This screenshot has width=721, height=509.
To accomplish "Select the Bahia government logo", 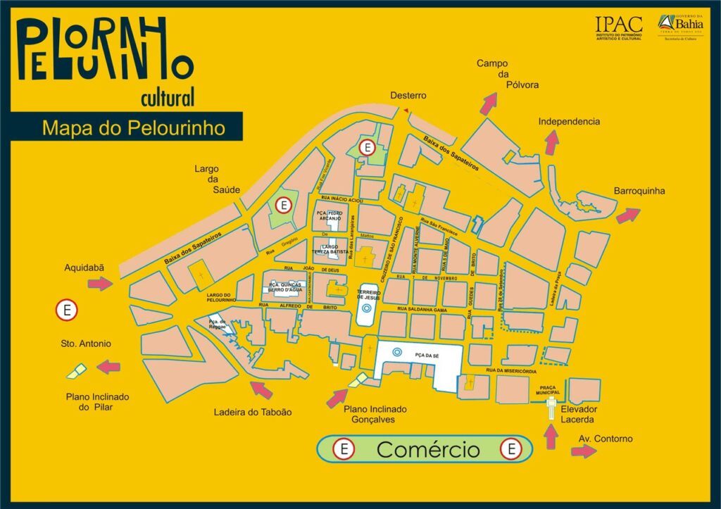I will click(x=680, y=26).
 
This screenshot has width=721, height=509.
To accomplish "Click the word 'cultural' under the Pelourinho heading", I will click(x=167, y=97).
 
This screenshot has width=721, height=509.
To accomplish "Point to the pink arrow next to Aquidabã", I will click(x=101, y=284).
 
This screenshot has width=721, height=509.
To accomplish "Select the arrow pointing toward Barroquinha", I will click(x=628, y=215).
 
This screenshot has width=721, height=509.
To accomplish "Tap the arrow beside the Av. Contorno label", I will click(x=584, y=451).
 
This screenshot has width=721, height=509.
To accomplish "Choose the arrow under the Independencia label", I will click(x=552, y=142).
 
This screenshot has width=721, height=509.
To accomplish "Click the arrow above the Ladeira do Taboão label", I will click(x=261, y=389).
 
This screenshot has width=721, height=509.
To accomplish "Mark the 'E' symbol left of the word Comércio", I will click(x=344, y=448).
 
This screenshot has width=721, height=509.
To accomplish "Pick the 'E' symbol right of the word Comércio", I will click(x=510, y=448).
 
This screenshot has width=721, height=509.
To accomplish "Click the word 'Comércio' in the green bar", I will click(x=427, y=449).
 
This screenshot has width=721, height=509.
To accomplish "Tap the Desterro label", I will click(x=409, y=96).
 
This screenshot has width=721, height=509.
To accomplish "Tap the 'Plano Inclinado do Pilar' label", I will click(x=98, y=401).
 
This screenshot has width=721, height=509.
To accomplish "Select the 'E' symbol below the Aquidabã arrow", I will click(x=67, y=310).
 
